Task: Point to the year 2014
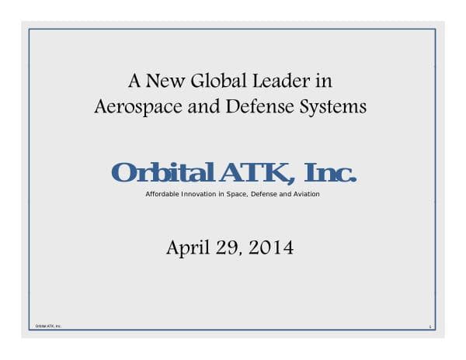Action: click(x=272, y=248)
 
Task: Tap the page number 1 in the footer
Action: click(x=429, y=327)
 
